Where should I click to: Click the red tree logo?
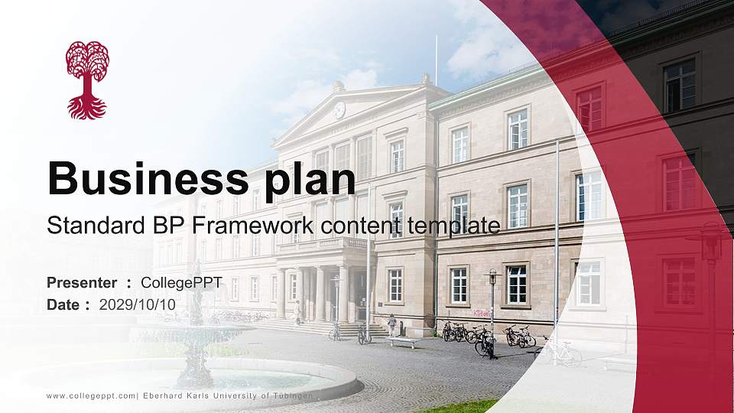87,80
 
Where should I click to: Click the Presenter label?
82,283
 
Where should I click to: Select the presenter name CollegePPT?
181,283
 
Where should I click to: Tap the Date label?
63,304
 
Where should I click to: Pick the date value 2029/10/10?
138,304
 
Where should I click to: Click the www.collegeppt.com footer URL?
91,395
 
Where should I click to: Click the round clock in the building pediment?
339,109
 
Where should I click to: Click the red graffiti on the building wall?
481,314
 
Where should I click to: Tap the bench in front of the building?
402,342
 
